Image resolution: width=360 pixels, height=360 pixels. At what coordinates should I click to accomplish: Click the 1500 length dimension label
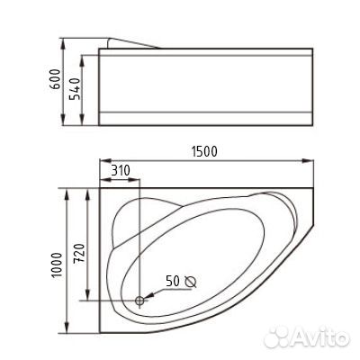204,151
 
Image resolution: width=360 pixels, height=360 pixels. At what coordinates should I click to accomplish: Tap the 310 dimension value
121,170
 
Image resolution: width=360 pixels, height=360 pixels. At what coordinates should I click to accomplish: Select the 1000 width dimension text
57,265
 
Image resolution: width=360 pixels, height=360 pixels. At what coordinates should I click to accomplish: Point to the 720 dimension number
79,254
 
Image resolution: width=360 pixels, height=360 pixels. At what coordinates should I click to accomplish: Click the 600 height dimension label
55,79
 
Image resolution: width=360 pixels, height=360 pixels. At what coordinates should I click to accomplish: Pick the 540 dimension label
75,89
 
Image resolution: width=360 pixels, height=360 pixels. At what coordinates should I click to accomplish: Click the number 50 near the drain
173,282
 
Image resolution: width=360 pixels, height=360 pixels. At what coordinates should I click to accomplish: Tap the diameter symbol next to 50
191,282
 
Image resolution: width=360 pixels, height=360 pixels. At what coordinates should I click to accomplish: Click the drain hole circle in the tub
139,301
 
